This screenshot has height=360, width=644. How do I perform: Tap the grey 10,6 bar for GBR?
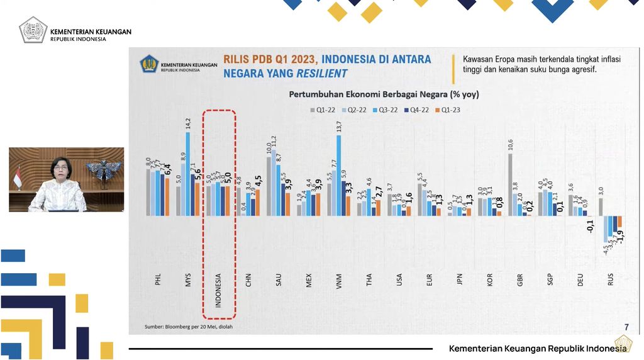coord(510,184)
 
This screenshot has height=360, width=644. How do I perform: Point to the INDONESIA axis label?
coord(218,290)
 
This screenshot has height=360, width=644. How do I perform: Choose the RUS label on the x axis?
coord(610,279)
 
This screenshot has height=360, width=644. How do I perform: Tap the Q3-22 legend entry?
coord(386,110)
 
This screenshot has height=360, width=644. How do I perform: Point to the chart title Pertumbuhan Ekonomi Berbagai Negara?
coord(384,94)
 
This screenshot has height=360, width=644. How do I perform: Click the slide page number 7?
coord(626,327)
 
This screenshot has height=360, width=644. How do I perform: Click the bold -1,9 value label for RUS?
coord(620,236)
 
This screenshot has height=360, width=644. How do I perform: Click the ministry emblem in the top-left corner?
coord(33,30)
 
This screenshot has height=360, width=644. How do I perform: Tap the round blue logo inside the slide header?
coord(148,64)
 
